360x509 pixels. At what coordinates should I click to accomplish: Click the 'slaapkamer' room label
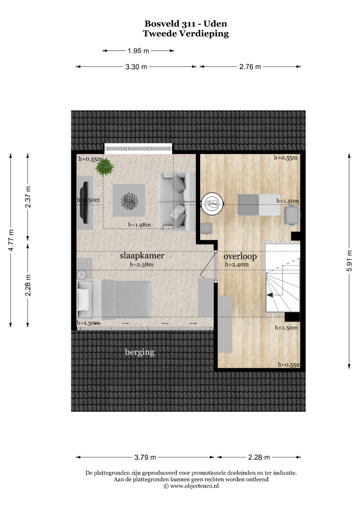[x=142, y=256]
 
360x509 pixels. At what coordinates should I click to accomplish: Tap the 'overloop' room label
[x=240, y=257]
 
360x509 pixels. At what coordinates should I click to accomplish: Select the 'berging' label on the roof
[x=140, y=352]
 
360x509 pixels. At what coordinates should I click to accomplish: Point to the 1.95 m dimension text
[x=138, y=51]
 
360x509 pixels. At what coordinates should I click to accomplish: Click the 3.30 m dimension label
[x=136, y=67]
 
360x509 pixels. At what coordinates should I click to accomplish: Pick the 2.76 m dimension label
[x=250, y=67]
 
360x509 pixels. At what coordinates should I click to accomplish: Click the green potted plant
[x=104, y=167]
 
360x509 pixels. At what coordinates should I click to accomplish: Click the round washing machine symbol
[x=213, y=203]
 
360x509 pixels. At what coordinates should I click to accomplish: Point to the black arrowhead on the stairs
[x=270, y=295]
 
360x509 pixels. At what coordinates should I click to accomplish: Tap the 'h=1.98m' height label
[x=139, y=225]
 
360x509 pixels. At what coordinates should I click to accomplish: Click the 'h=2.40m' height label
[x=237, y=264]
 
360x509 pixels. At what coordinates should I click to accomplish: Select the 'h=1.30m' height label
[x=88, y=323]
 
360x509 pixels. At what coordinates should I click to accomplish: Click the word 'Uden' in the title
[x=215, y=24]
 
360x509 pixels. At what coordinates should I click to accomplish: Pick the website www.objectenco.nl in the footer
[x=194, y=486]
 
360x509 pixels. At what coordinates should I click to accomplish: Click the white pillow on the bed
[x=83, y=299]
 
